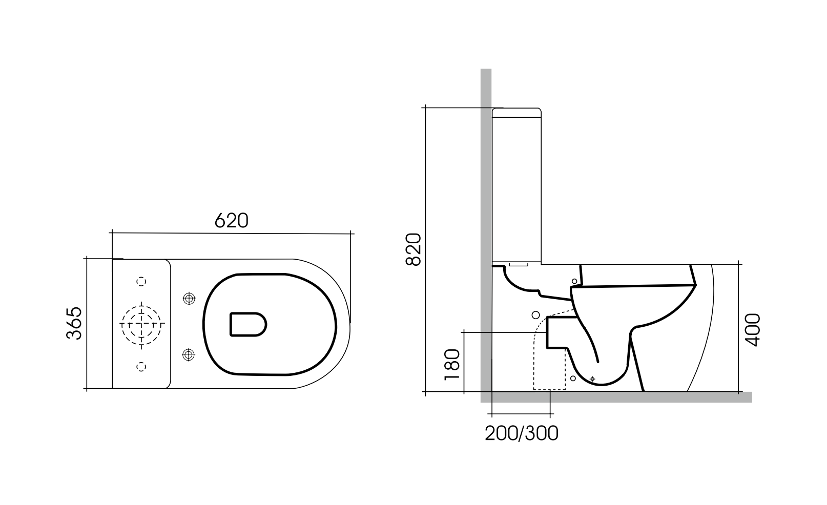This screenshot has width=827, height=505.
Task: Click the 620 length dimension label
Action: [x=231, y=220]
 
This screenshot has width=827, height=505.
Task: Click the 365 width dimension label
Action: [x=74, y=323]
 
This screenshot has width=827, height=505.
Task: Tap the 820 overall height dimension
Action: [x=413, y=249]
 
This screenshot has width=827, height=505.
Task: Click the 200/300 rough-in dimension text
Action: [x=521, y=434]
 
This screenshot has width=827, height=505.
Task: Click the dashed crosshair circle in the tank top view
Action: [x=141, y=324]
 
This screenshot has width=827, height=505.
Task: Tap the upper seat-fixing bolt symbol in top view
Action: [x=189, y=298]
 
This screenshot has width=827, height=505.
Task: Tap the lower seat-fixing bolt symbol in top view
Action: [x=189, y=353]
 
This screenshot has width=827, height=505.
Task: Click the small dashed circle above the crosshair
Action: [x=142, y=281]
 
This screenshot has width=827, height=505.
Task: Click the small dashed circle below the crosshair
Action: [x=142, y=366]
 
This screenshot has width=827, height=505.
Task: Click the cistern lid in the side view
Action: [x=516, y=112]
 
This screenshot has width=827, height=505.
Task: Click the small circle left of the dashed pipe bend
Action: [x=536, y=314]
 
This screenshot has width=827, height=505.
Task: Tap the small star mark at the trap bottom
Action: [x=592, y=378]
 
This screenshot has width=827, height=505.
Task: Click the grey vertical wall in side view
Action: [x=486, y=205]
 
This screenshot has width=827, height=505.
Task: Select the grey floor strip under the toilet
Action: [x=615, y=397]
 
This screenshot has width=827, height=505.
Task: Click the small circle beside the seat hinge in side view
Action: [x=574, y=281]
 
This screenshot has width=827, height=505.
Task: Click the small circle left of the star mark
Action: [x=573, y=378]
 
